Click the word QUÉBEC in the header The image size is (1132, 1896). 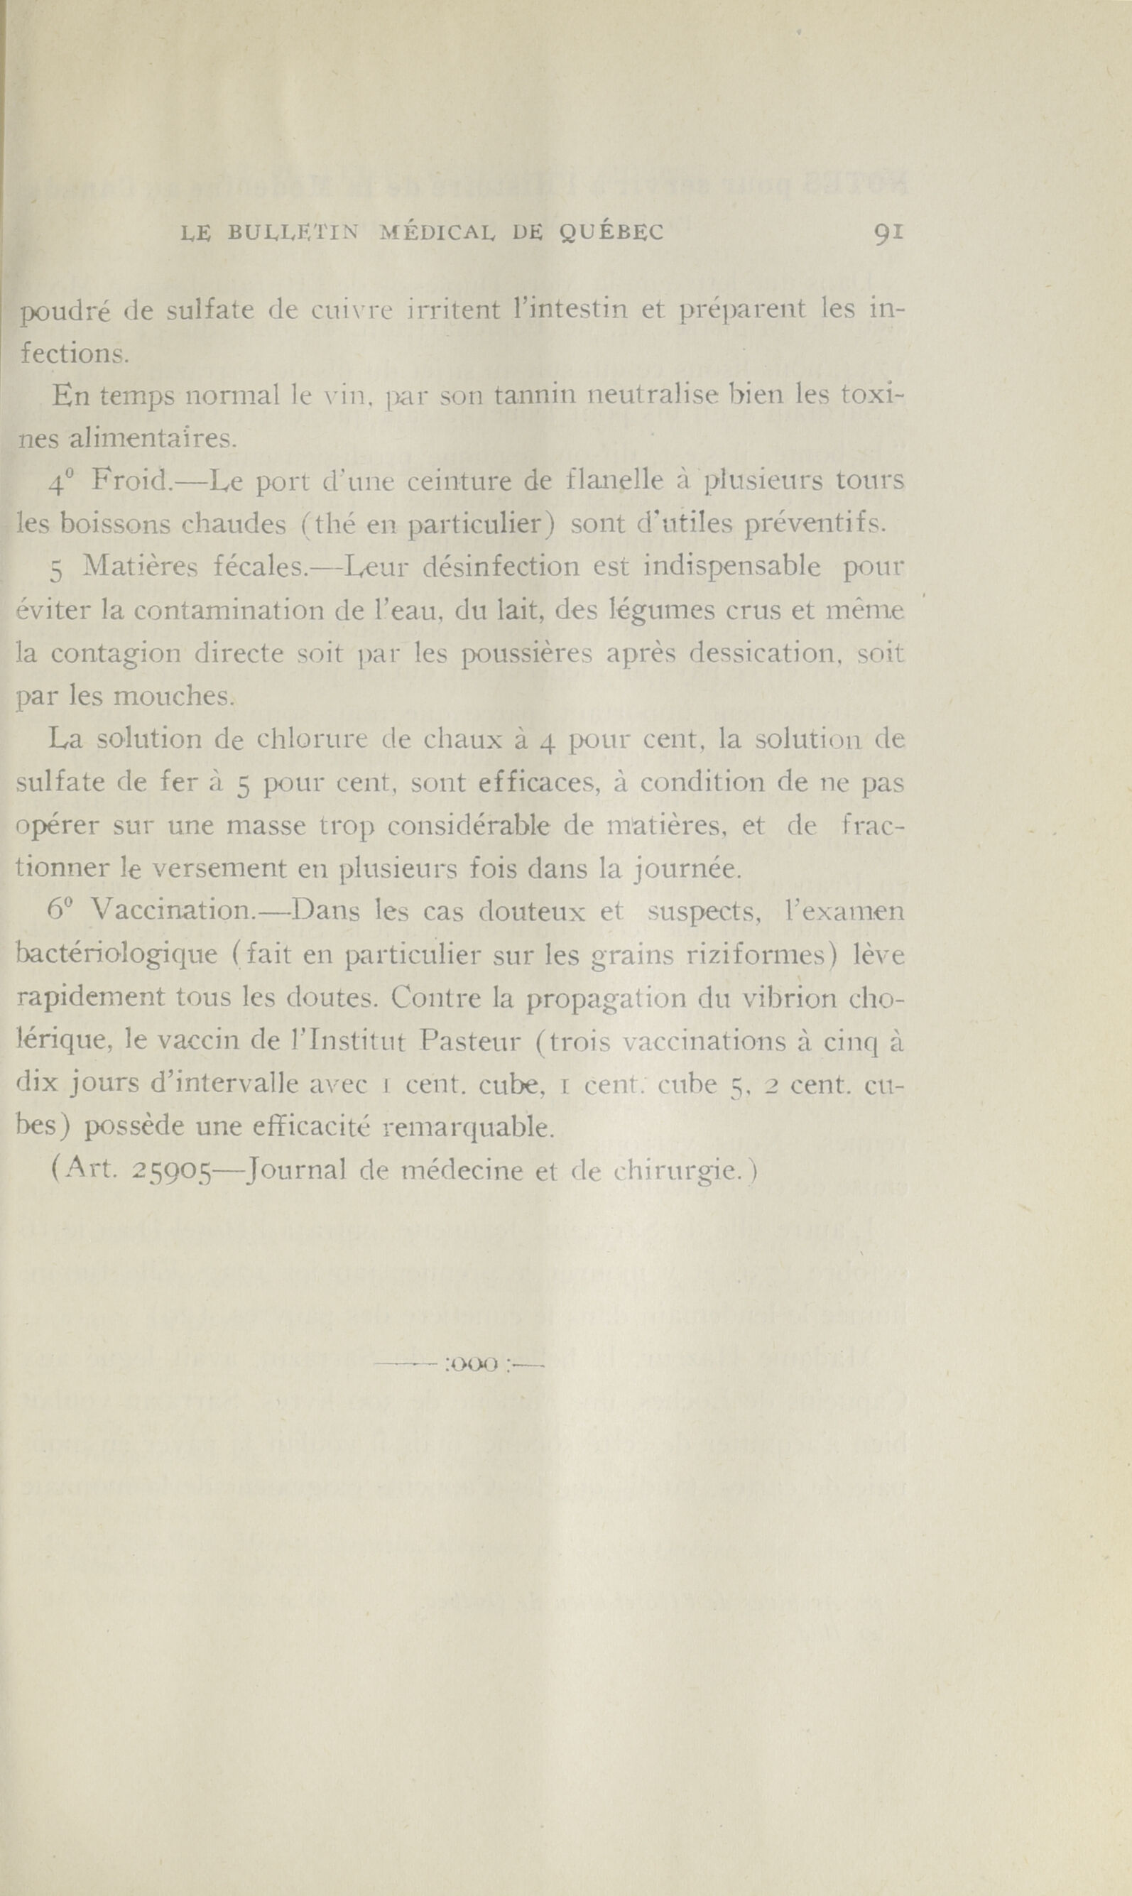(x=617, y=234)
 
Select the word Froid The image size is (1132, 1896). (x=133, y=482)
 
